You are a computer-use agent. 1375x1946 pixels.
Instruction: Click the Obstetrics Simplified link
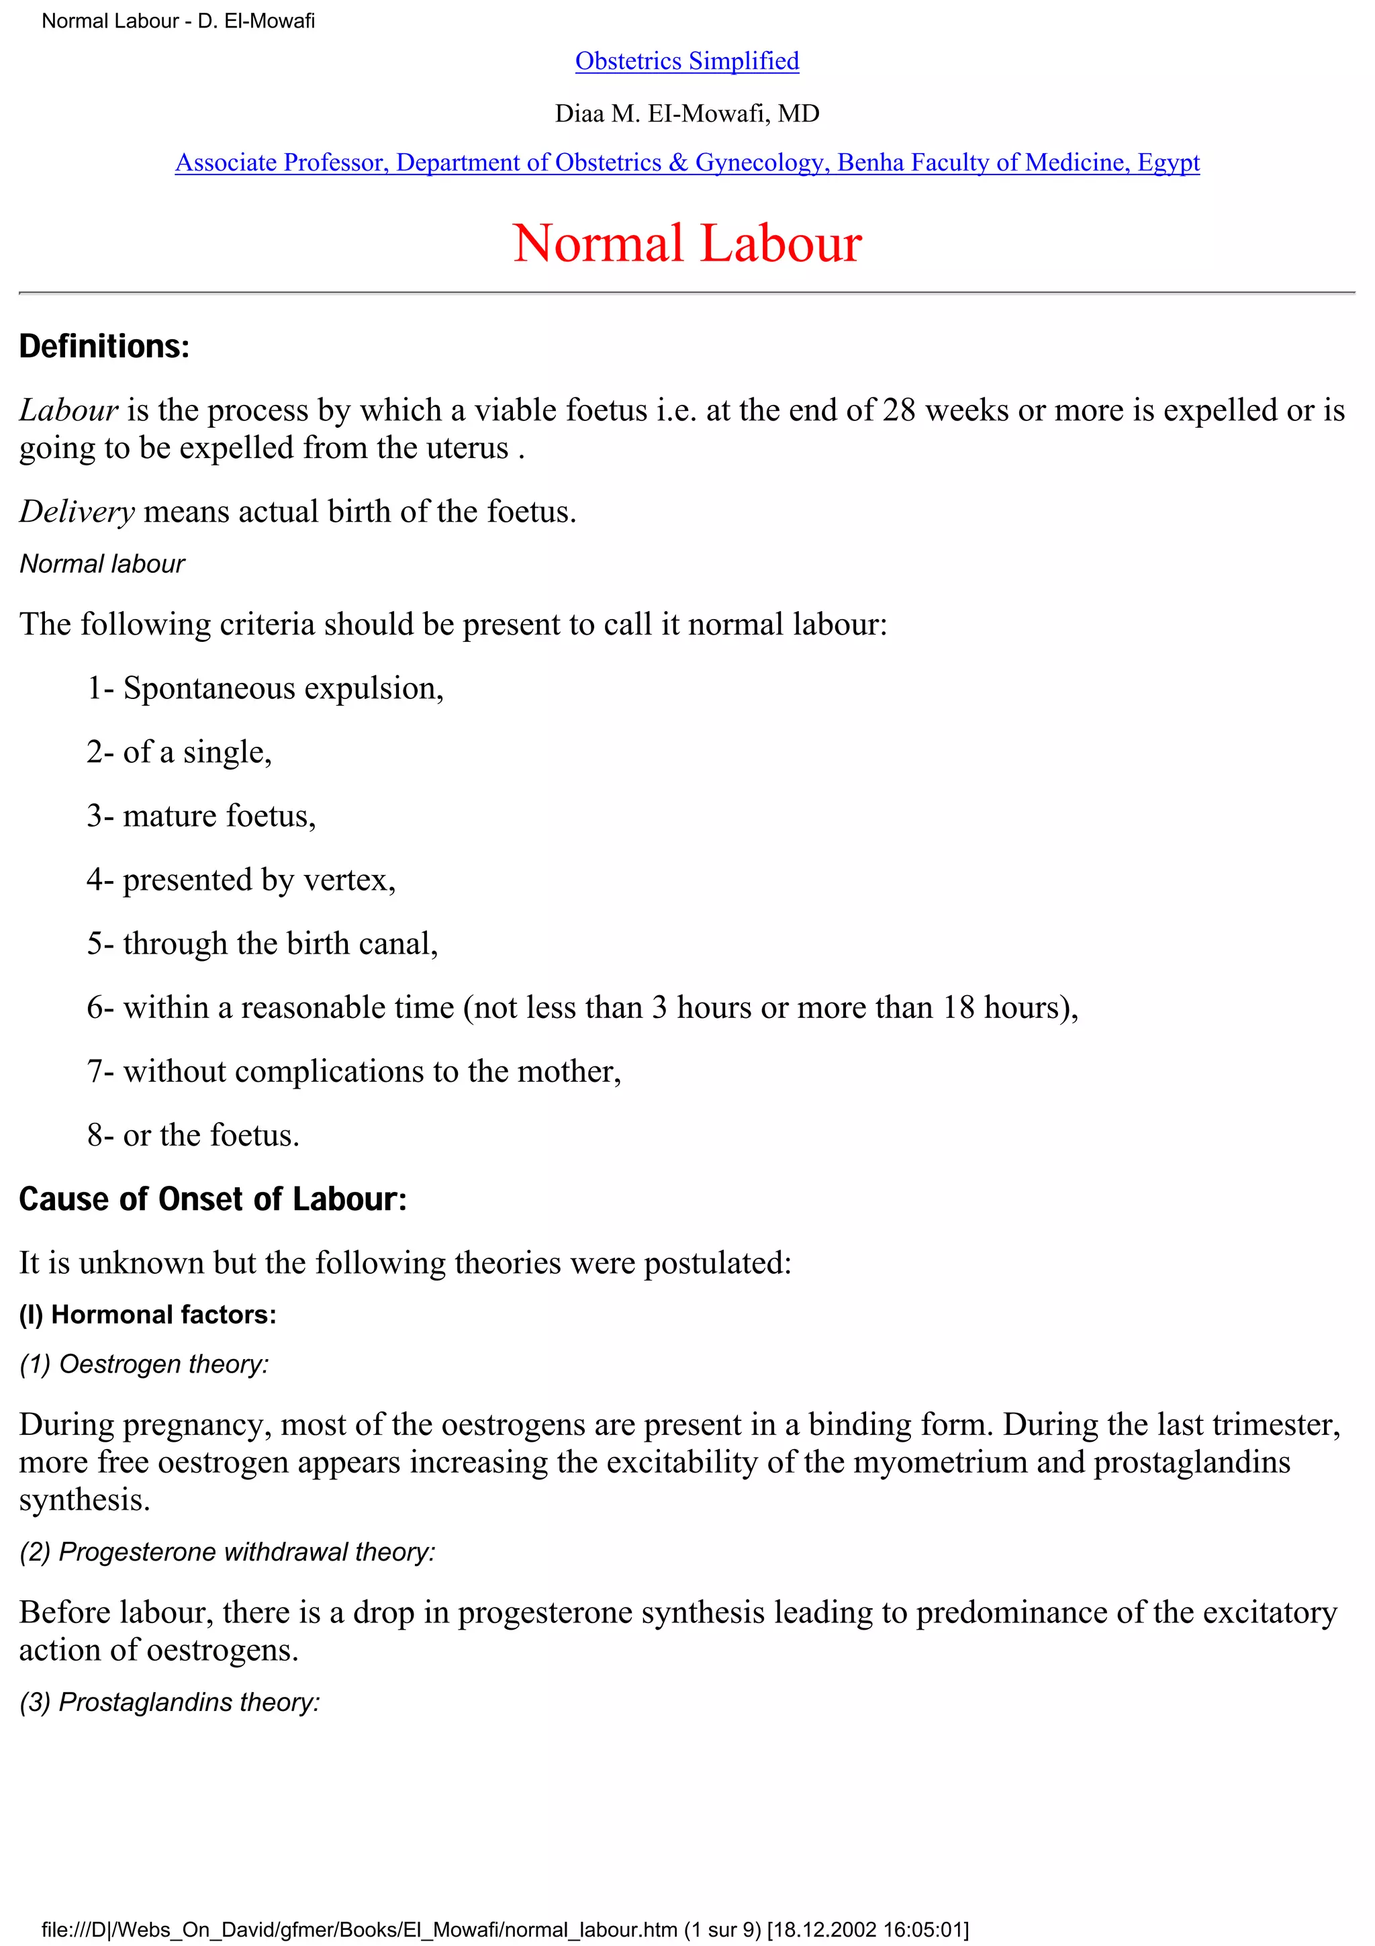686,61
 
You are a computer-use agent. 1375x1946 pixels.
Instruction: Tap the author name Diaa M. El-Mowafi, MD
686,113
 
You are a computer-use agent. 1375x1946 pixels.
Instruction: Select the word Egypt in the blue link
1168,162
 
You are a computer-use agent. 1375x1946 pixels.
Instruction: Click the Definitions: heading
104,346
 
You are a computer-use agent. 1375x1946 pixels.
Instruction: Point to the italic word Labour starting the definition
68,410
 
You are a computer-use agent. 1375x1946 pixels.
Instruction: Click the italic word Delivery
77,511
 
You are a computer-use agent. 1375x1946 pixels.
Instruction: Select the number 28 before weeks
898,410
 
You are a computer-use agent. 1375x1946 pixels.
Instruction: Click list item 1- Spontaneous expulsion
265,688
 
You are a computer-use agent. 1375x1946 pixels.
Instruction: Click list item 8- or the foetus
193,1135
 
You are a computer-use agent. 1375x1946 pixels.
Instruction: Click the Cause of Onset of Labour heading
213,1199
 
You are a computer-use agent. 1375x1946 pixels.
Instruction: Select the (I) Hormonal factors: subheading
148,1315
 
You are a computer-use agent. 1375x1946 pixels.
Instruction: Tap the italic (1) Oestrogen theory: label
144,1364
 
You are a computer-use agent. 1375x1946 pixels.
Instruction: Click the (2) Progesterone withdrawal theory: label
227,1552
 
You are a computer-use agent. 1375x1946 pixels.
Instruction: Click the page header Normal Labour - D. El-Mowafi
178,21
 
